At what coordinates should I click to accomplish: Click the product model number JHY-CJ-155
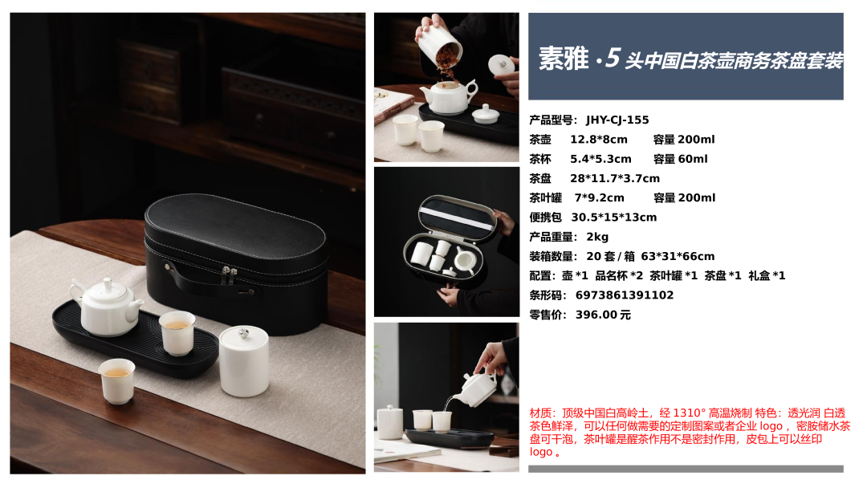pos(617,120)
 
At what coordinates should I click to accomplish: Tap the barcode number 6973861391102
pos(625,295)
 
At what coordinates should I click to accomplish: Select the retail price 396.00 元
pos(603,315)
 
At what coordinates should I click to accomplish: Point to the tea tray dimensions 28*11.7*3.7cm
pos(615,178)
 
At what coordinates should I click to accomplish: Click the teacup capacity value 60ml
pos(693,159)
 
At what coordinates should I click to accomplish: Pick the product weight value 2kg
pos(597,237)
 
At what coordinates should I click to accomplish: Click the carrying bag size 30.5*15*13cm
pos(614,218)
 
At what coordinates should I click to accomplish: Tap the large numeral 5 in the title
pos(612,58)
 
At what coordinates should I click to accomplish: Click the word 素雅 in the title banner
pos(564,58)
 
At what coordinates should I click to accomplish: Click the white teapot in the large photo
pos(106,307)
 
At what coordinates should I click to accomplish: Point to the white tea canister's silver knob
pos(243,333)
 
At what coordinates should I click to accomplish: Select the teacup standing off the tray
pos(117,380)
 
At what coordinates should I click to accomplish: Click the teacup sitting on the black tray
pos(177,333)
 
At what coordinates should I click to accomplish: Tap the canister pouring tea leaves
pos(440,45)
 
